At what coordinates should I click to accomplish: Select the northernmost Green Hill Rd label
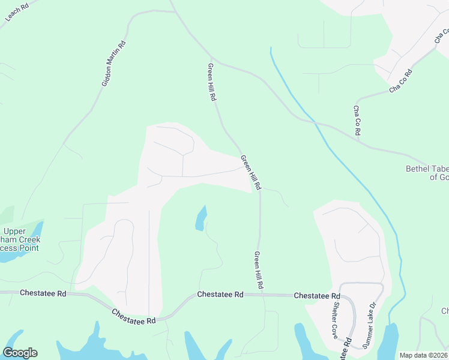point(211,82)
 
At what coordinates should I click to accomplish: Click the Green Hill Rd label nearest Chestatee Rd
point(259,269)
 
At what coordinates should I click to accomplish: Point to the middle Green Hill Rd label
point(251,173)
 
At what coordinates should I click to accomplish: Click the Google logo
point(20,353)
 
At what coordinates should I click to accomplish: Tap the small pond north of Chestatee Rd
point(200,218)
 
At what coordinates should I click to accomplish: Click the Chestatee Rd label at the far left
point(43,293)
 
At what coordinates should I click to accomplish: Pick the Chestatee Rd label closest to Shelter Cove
point(317,296)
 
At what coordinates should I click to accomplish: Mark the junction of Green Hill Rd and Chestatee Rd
point(263,295)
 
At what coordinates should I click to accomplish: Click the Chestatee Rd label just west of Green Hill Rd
point(220,295)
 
